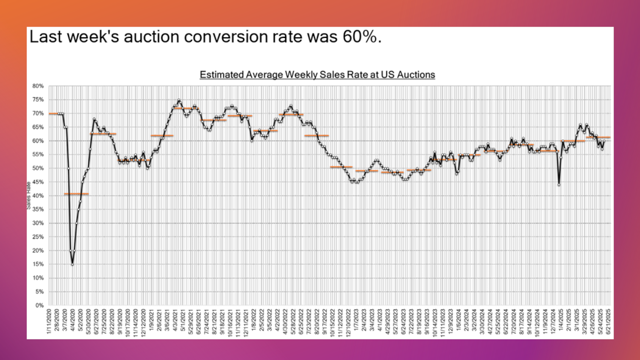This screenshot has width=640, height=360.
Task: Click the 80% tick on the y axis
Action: point(38,86)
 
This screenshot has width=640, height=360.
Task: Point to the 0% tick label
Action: point(39,305)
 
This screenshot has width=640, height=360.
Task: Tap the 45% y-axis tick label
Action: point(38,182)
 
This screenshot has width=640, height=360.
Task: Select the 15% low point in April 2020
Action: point(72,264)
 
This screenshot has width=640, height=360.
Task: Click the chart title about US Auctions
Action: point(317,75)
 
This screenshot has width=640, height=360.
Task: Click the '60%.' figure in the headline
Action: point(362,37)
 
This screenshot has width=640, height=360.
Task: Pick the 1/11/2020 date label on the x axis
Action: point(49,321)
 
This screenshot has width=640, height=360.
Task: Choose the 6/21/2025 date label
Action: point(609,321)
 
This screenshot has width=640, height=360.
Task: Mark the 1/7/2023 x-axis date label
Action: point(356,321)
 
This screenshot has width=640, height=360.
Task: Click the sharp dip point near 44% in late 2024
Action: point(559,185)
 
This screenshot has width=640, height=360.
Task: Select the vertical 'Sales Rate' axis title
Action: point(29,196)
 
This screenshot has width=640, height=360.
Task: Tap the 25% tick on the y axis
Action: point(38,237)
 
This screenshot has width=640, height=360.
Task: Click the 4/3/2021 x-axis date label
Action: point(175,321)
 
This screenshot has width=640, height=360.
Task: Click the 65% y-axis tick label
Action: point(38,127)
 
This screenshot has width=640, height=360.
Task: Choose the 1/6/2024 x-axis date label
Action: point(458,321)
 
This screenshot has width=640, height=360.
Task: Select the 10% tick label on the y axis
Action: point(38,278)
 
